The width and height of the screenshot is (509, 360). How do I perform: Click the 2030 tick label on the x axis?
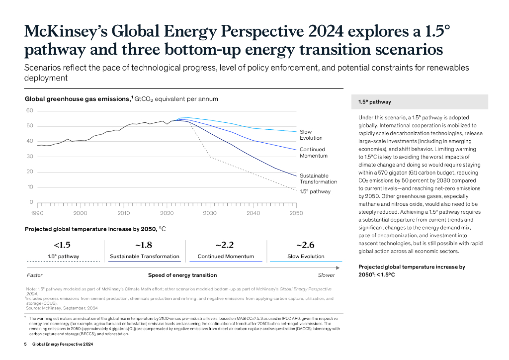point(210,213)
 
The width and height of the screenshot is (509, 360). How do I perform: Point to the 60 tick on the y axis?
point(30,110)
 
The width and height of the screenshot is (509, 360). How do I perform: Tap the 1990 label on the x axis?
point(37,213)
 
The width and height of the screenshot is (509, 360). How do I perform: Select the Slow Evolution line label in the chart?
point(311,135)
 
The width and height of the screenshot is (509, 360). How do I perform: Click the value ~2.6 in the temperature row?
point(305,245)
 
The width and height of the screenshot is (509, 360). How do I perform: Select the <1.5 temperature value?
point(63,245)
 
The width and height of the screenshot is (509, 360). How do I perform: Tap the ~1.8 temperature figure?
point(144,245)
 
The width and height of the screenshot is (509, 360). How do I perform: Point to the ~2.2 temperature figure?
point(225,245)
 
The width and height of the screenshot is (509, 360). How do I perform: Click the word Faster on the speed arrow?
point(34,275)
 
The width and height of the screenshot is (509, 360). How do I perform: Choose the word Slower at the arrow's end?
point(326,275)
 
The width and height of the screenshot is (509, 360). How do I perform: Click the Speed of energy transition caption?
point(182,275)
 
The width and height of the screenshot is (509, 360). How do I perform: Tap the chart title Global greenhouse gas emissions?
point(77,99)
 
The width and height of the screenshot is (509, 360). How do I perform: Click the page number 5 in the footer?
point(26,344)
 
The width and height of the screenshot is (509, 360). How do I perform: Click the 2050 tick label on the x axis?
point(296,213)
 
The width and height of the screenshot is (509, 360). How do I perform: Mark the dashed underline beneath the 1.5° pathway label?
point(63,262)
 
